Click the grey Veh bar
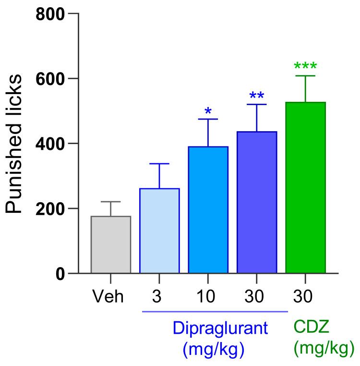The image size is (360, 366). click(x=110, y=245)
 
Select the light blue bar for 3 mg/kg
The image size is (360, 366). click(x=159, y=231)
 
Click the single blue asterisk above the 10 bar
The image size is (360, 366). click(x=208, y=112)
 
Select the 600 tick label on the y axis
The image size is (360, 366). click(x=49, y=79)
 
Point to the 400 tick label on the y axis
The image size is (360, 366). click(x=49, y=144)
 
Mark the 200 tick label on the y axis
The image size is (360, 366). click(x=49, y=209)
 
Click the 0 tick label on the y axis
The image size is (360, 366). click(x=60, y=274)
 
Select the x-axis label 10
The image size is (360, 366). click(x=208, y=297)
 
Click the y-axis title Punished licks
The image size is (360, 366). click(x=15, y=144)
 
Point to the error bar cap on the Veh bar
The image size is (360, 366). click(x=110, y=202)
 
